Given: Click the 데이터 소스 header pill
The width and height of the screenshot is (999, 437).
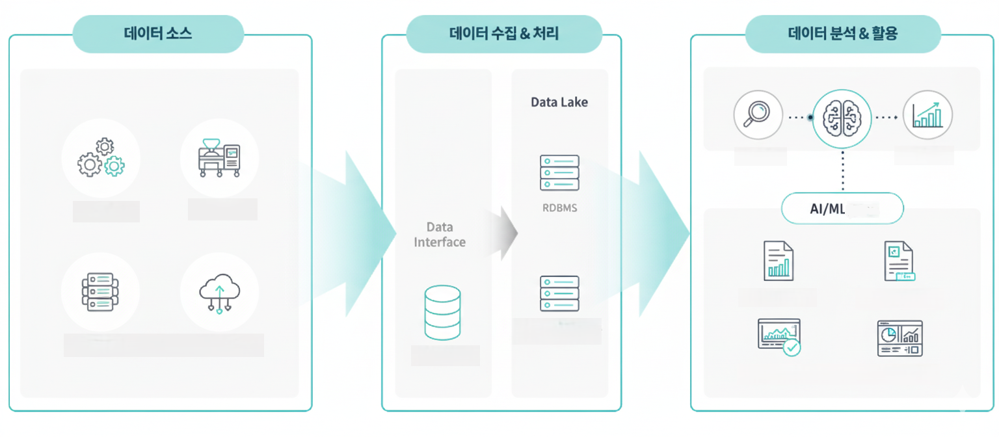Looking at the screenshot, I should pos(158,34).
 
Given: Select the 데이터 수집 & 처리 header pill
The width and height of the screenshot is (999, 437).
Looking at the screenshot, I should pos(503,34).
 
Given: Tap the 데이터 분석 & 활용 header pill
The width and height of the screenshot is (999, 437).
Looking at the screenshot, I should pos(842,34).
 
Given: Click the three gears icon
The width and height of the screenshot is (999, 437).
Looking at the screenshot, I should pos(101,158).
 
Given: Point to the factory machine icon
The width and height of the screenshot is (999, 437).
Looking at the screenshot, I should pos(219,158).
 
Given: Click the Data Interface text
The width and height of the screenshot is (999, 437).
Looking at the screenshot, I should pos(440,235).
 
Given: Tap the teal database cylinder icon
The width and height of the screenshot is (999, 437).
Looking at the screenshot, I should pos(442,313).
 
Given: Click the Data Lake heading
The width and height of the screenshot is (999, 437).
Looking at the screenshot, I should pos(559,102).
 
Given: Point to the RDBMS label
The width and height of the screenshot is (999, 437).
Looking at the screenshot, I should pos(559,209).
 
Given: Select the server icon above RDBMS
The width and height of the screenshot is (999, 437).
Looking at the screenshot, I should pos(559,172).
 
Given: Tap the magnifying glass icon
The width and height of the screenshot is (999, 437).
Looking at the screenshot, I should pos(758,115).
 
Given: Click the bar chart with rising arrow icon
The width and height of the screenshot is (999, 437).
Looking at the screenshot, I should pos(927,116).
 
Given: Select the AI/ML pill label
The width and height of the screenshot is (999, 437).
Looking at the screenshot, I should pos(842,209).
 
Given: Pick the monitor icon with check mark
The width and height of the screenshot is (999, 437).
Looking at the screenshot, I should pos(779,337).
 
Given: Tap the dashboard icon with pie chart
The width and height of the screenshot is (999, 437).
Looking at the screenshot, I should pos(899,338).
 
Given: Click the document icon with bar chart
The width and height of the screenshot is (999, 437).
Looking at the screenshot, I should pos(778,261).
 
